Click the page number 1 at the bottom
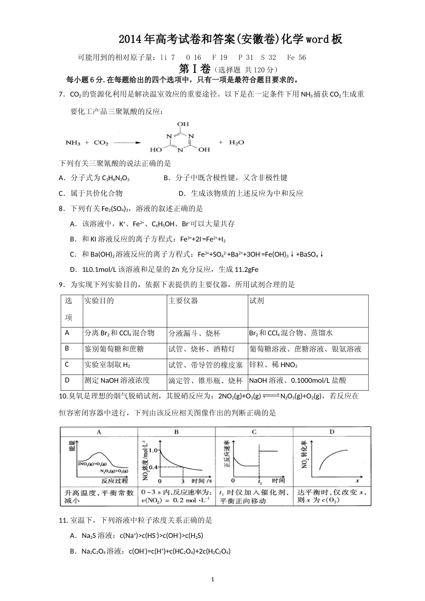tap(212, 580)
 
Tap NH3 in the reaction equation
tap(73, 143)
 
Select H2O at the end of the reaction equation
tap(237, 142)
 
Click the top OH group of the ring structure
tap(183, 124)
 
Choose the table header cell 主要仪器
tap(183, 301)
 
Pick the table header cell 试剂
tap(256, 301)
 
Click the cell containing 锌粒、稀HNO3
tap(273, 365)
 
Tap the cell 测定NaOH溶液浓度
tap(117, 381)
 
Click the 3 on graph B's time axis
tap(183, 481)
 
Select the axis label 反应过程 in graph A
tap(115, 481)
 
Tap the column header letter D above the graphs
tap(332, 432)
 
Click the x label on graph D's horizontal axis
tap(357, 481)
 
